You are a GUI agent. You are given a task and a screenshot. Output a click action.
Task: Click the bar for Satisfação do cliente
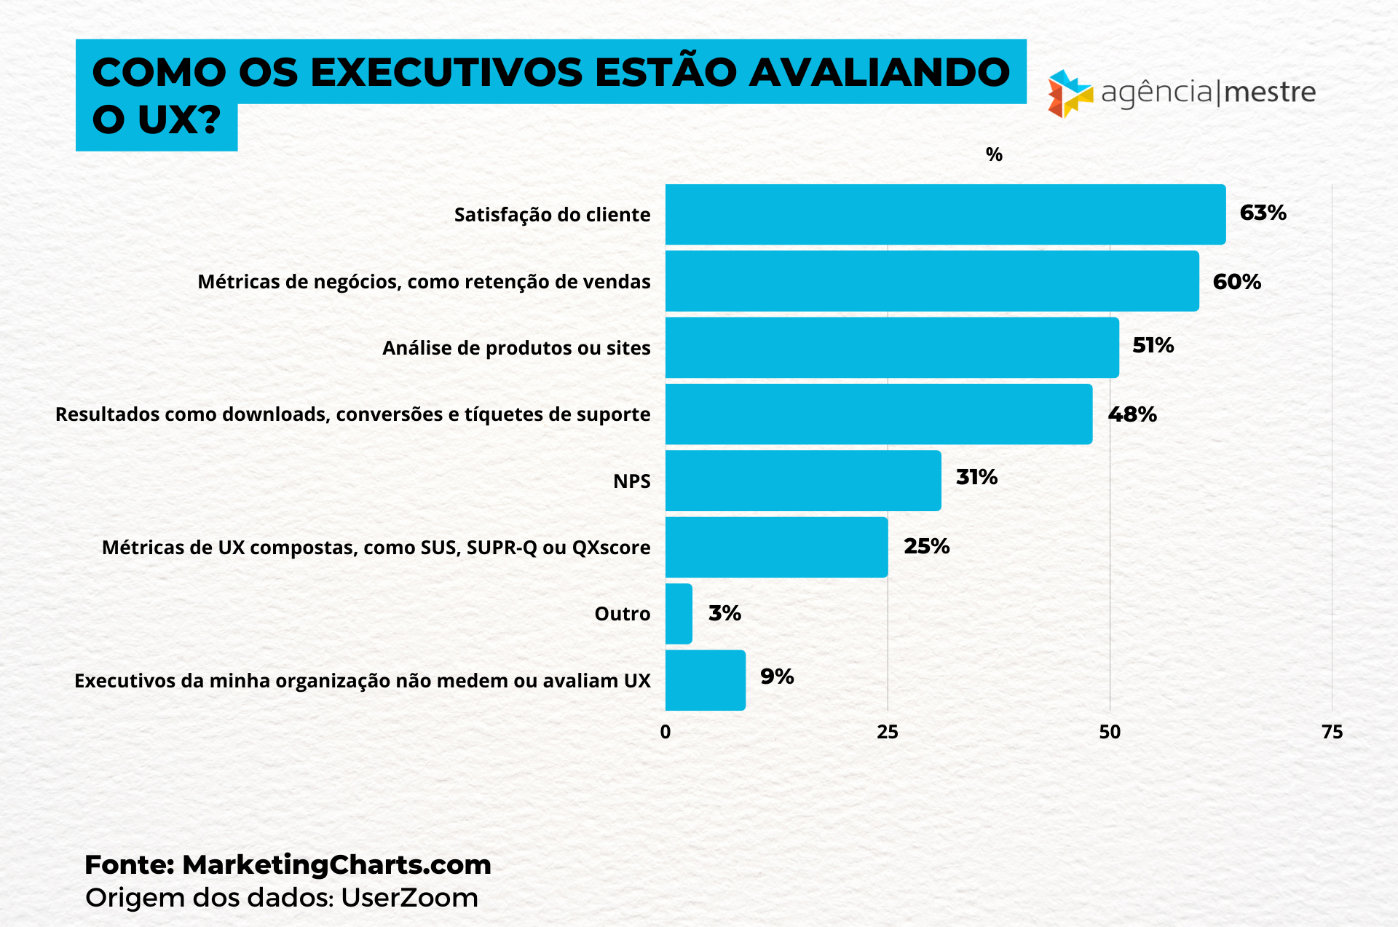pyautogui.click(x=945, y=214)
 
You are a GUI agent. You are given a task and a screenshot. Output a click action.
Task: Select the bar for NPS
pyautogui.click(x=803, y=481)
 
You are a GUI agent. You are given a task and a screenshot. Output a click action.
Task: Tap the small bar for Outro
pyautogui.click(x=679, y=614)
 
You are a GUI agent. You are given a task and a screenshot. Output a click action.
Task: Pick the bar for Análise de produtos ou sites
pyautogui.click(x=892, y=347)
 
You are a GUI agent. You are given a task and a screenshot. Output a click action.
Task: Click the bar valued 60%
pyautogui.click(x=932, y=281)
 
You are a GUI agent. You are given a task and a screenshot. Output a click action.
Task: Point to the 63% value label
pyautogui.click(x=1263, y=213)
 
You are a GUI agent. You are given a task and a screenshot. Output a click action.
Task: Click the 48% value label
pyautogui.click(x=1132, y=414)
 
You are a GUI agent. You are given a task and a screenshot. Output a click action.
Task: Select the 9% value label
pyautogui.click(x=777, y=676)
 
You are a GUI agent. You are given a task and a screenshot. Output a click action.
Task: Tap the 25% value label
pyautogui.click(x=926, y=546)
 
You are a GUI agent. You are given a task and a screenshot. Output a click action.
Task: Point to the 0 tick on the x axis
pyautogui.click(x=666, y=732)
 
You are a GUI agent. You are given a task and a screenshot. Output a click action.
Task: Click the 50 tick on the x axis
pyautogui.click(x=1110, y=732)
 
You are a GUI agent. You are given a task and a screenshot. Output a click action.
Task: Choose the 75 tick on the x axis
pyautogui.click(x=1332, y=732)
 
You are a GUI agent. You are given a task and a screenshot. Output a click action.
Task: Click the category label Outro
pyautogui.click(x=623, y=614)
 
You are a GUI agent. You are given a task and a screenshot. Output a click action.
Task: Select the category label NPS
pyautogui.click(x=632, y=481)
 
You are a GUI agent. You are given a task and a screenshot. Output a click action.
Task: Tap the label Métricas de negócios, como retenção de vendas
pyautogui.click(x=424, y=282)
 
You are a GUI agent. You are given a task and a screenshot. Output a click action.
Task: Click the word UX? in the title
pyautogui.click(x=178, y=120)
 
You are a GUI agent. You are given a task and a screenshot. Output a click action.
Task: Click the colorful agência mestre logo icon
pyautogui.click(x=1070, y=94)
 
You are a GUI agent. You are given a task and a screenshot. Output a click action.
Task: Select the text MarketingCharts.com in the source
pyautogui.click(x=336, y=865)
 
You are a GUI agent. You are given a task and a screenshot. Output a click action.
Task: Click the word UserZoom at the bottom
pyautogui.click(x=409, y=898)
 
